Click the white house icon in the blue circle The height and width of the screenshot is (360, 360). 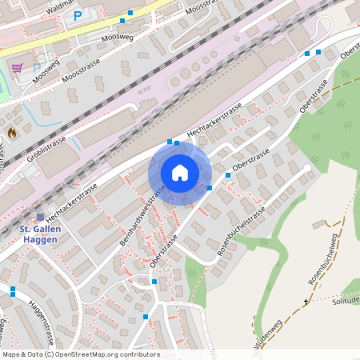click(180, 173)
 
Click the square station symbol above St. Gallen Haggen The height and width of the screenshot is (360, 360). click(41, 217)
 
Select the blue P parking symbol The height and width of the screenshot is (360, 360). click(78, 16)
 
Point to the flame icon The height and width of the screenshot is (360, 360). click(11, 132)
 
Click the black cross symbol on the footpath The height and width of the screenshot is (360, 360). click(305, 302)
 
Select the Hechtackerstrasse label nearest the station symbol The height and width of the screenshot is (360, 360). click(72, 201)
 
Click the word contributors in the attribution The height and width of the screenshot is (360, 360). click(141, 354)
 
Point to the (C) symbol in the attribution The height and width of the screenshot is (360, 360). click(50, 354)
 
